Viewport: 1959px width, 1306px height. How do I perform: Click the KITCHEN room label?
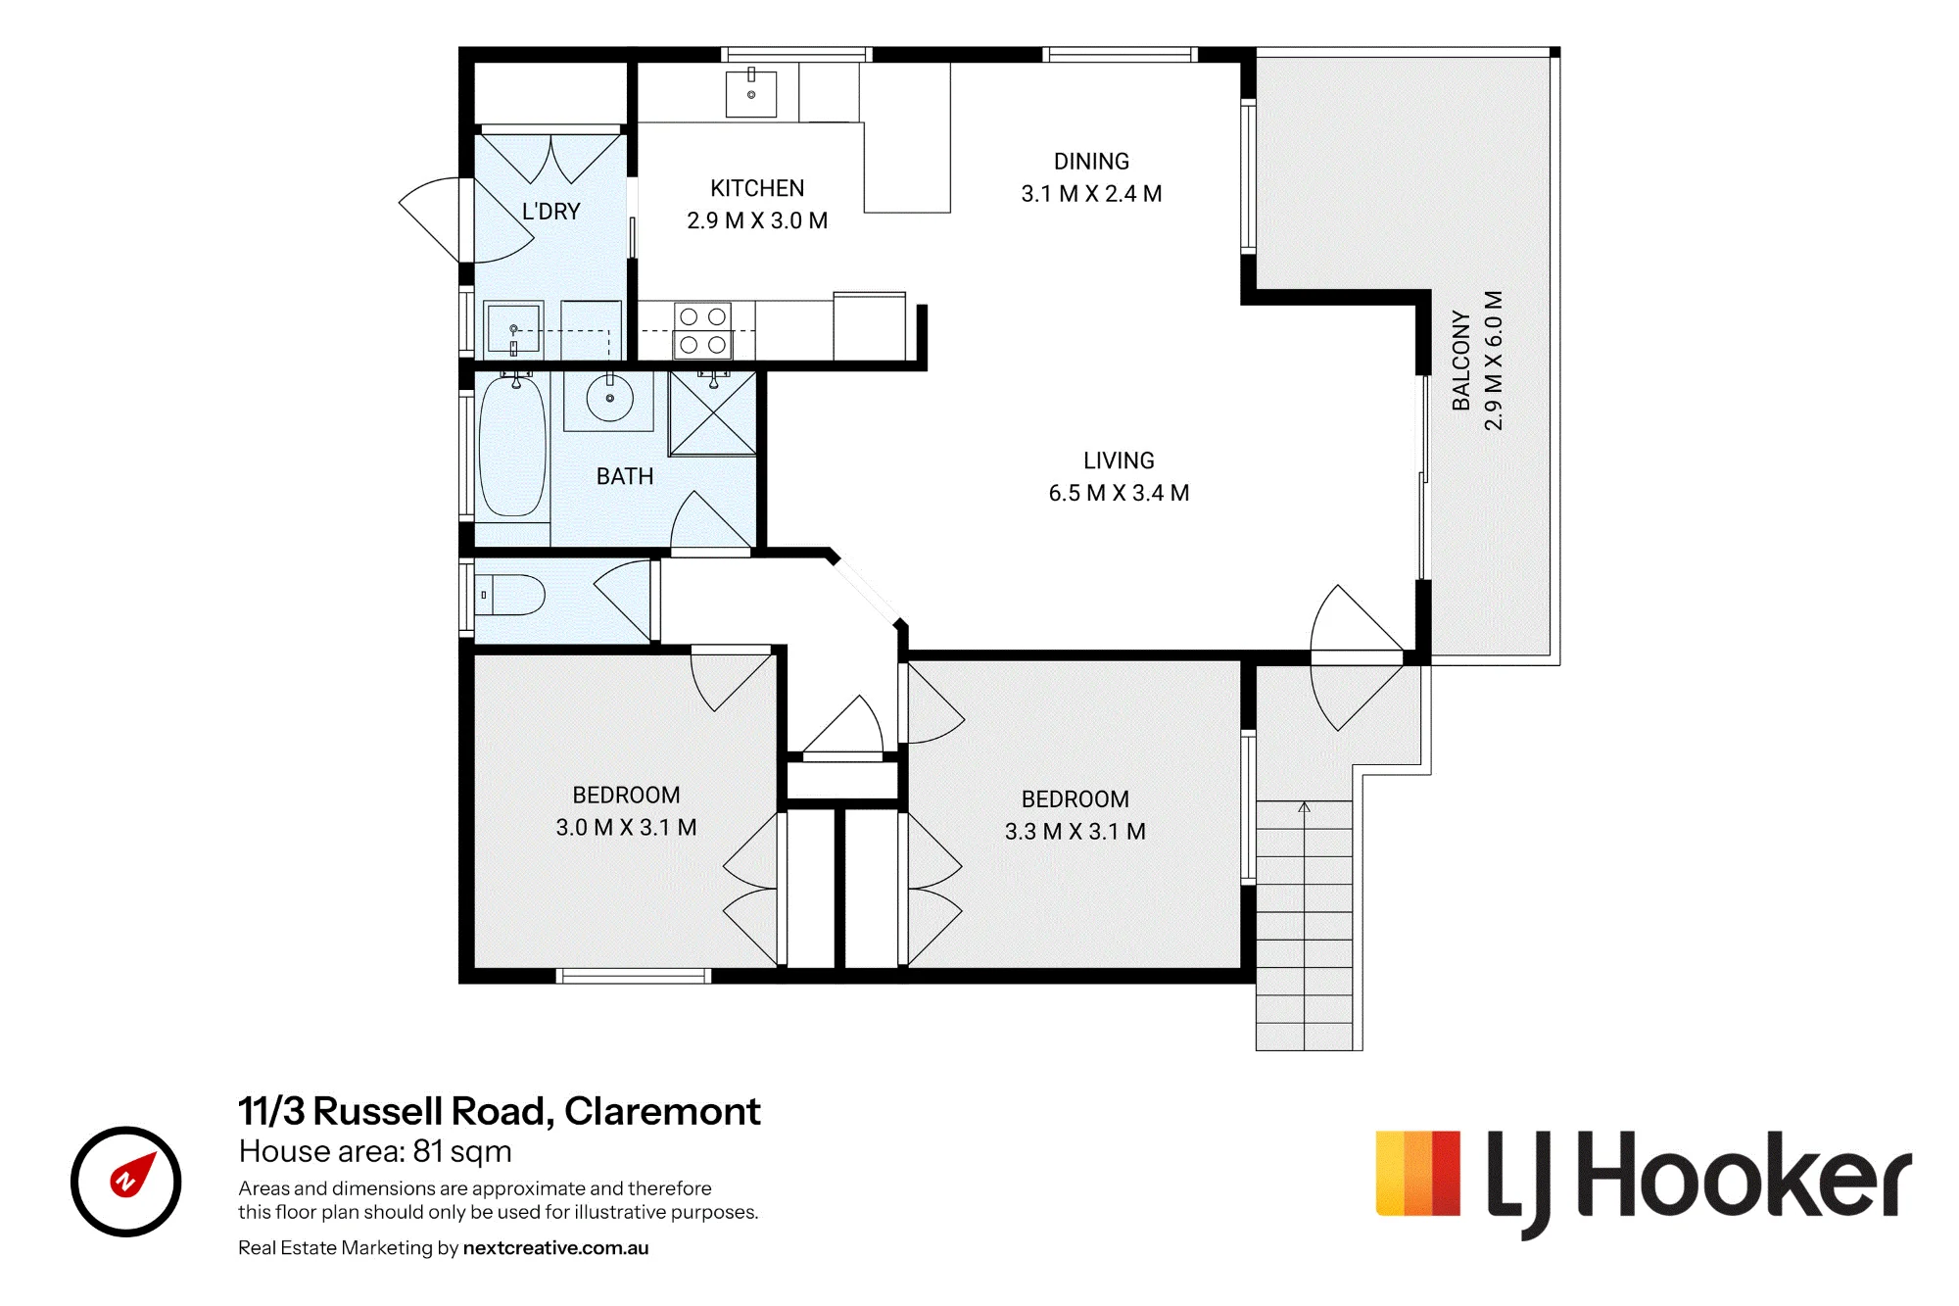coord(757,188)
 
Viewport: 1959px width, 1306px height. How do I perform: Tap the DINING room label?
coord(1091,162)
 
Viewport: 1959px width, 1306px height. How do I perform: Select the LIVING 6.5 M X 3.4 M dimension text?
coord(1119,493)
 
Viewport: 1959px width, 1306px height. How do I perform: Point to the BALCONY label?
coord(1460,361)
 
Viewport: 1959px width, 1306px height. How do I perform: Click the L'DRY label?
coord(550,212)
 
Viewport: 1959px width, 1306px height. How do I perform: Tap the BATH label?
coord(625,477)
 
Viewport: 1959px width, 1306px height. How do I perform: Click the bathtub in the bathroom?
coord(511,446)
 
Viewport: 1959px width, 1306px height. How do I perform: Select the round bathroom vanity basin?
coord(609,398)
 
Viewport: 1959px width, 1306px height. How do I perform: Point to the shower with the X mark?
coord(713,413)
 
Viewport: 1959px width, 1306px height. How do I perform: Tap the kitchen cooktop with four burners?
coord(703,330)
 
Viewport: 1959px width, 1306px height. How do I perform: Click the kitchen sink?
coord(751,94)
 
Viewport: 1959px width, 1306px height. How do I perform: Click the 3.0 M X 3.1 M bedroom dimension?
coord(626,828)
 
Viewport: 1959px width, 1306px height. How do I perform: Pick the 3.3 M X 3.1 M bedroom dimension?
coord(1075,832)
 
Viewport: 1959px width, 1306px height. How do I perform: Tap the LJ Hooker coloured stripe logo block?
coord(1418,1174)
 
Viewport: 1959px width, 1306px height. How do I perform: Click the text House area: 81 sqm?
coord(375,1151)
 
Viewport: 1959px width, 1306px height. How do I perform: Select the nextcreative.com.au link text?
coord(555,1248)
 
